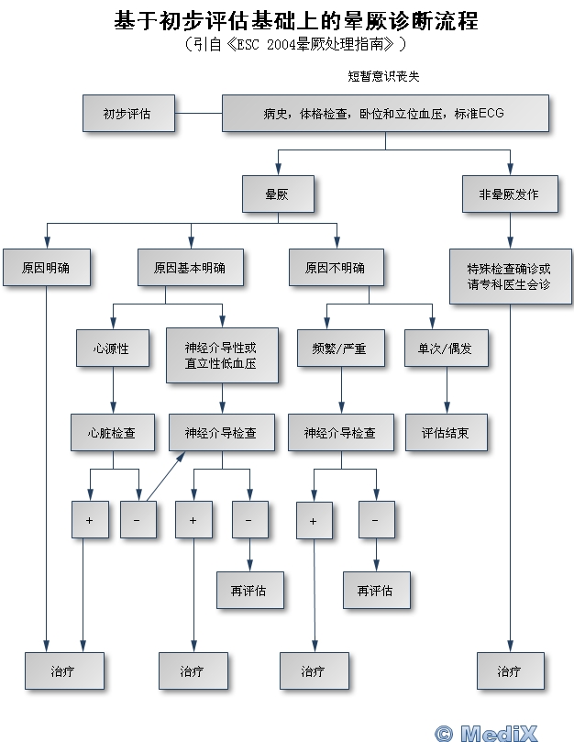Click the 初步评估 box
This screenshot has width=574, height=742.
[127, 114]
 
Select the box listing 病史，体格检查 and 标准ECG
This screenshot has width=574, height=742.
[384, 114]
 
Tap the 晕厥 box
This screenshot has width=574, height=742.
[277, 194]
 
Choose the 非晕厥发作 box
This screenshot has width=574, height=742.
[509, 194]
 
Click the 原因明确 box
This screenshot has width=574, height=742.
[46, 268]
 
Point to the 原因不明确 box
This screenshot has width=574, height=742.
[335, 268]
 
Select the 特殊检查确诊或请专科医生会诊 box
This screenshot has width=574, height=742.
[509, 276]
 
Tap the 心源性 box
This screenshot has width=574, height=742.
[111, 349]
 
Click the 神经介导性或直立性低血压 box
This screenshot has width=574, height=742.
[220, 356]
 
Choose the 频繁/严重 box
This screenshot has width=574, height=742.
[341, 349]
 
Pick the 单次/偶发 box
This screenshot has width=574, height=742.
[447, 349]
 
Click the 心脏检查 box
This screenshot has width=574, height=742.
[111, 432]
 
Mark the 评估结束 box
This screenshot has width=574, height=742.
[446, 432]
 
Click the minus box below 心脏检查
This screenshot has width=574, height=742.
[138, 520]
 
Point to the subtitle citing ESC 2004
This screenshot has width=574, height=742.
[293, 43]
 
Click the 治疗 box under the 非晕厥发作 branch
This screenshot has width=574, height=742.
[510, 670]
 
